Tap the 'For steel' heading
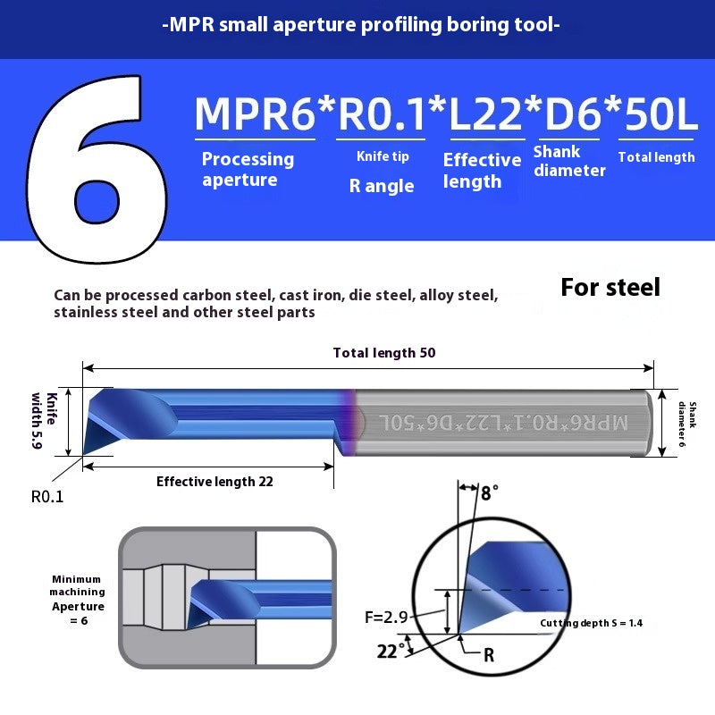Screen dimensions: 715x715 610,287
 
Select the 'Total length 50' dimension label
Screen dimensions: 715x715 384,353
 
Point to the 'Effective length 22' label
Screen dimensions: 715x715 214,482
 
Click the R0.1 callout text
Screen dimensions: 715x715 47,497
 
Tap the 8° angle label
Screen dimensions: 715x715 490,492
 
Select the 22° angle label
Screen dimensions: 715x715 388,651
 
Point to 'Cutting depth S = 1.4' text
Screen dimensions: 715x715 591,623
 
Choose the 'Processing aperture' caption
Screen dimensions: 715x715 248,169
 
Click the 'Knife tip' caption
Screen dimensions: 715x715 383,156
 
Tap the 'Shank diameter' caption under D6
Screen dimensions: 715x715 569,161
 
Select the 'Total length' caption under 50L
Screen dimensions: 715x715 656,157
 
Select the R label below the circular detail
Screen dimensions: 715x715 488,655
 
